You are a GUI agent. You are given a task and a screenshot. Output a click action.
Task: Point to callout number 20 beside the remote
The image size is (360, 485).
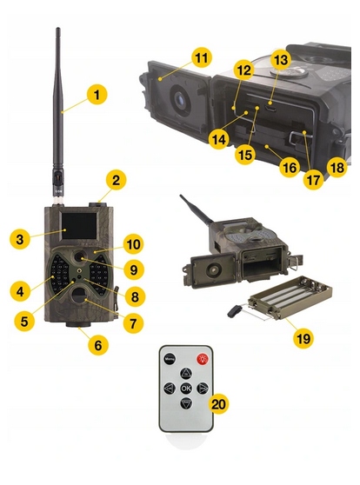(219, 404)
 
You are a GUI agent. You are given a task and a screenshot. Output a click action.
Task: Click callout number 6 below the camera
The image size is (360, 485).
(97, 345)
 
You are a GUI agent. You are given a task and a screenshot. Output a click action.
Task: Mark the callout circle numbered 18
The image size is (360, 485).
(337, 164)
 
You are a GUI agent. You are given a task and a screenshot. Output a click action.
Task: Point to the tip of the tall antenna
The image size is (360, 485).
(58, 30)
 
